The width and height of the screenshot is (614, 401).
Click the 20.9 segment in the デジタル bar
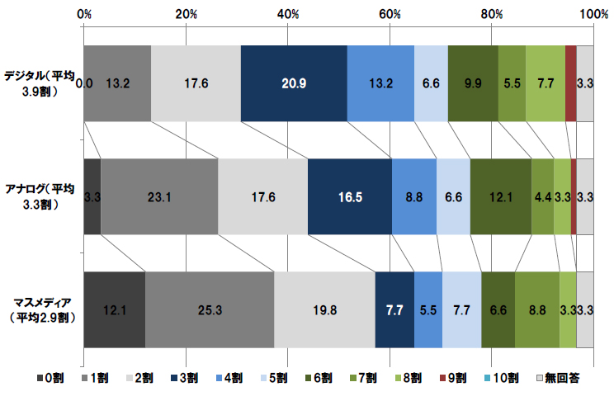click(293, 83)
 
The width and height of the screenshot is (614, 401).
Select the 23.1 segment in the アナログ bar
click(159, 196)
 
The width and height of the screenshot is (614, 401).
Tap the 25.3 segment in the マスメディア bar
click(210, 309)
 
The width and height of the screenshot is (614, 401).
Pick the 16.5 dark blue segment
click(350, 196)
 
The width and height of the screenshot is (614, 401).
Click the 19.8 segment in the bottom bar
click(324, 309)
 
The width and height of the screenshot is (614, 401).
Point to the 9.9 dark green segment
click(473, 83)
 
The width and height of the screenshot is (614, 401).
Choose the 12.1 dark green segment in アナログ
click(501, 196)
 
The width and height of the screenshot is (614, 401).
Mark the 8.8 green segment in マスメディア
click(537, 309)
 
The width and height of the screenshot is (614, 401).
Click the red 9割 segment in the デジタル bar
click(570, 83)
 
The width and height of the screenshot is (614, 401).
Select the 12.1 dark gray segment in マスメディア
click(114, 309)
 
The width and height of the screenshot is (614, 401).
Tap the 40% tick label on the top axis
click(288, 14)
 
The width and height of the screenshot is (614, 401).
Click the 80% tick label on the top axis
click(492, 14)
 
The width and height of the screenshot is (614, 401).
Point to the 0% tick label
click(84, 14)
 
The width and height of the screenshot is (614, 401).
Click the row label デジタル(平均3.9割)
click(40, 83)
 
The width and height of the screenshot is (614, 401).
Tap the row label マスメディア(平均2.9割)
click(40, 309)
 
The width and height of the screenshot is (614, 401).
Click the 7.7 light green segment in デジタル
click(545, 83)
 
